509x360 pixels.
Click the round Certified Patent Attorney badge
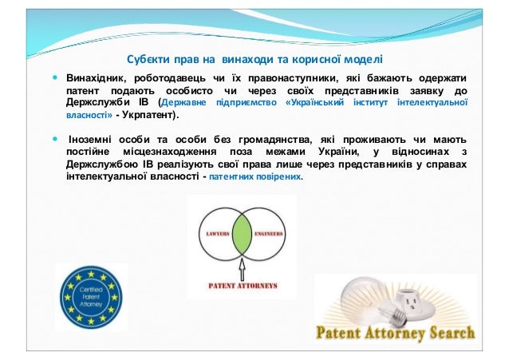pos(90,297)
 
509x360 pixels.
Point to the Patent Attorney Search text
pos(396,333)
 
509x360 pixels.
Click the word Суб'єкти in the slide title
pos(151,58)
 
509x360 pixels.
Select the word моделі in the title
pos(362,58)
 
